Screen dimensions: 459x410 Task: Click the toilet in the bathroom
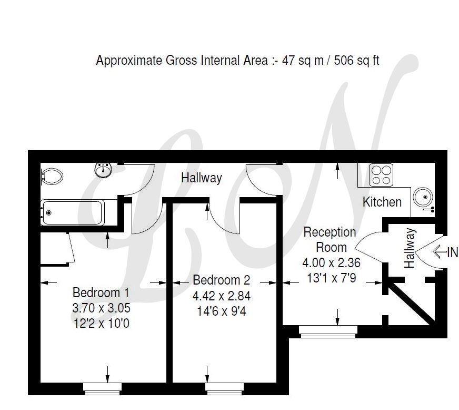click(52, 176)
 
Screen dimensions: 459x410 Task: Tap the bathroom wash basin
click(103, 170)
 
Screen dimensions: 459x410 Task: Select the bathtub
click(72, 212)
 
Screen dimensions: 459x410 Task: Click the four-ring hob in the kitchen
click(381, 174)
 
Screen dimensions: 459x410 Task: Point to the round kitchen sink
click(423, 197)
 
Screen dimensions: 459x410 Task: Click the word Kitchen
click(382, 202)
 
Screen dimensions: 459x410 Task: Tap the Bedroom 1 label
click(101, 292)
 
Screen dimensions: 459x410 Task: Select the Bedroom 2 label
click(221, 280)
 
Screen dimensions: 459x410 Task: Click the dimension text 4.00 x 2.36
click(331, 262)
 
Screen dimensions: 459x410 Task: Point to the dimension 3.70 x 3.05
click(101, 308)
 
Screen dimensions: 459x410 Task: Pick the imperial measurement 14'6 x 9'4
click(221, 311)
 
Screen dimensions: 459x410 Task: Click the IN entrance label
click(453, 252)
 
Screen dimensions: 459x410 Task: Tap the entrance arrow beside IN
click(440, 252)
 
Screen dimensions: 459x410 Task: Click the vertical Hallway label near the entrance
click(410, 248)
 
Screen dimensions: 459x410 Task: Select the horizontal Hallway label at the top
click(202, 178)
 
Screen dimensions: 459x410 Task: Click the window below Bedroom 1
click(102, 388)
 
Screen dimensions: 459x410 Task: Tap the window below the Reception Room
click(328, 331)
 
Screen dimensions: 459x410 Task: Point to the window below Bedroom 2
click(225, 388)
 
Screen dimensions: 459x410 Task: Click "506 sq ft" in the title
click(356, 61)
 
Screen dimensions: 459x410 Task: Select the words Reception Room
click(330, 240)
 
